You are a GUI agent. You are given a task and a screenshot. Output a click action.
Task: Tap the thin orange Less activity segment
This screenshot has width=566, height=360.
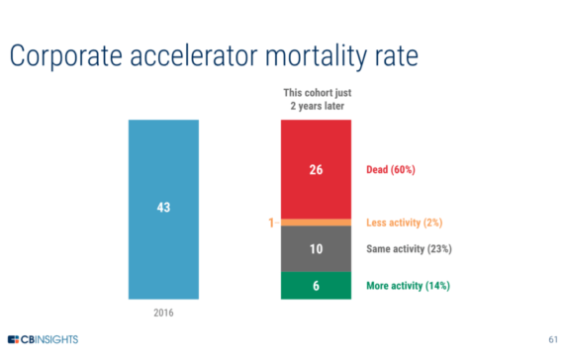point(316,222)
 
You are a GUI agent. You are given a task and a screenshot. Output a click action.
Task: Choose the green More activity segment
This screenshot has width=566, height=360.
point(316,285)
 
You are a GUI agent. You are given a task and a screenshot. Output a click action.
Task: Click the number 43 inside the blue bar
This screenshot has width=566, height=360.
point(163,209)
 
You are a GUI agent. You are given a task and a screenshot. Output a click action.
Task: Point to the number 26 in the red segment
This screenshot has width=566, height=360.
point(316,169)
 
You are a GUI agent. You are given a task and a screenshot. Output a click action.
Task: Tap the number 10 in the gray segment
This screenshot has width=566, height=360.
point(316,249)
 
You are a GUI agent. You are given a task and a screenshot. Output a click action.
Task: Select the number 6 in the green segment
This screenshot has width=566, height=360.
point(316,286)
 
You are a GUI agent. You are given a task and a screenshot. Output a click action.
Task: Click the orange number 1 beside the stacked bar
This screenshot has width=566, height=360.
point(270,223)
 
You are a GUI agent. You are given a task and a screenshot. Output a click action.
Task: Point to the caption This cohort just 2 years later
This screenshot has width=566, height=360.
point(316,100)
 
